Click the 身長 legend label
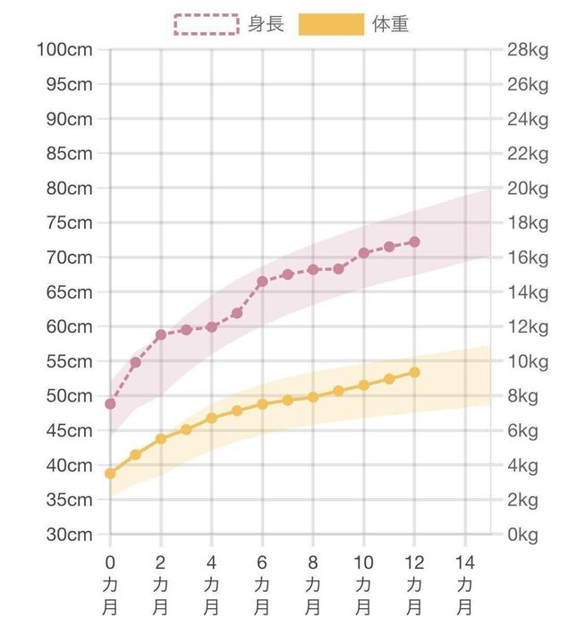click(267, 24)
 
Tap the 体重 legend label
click(390, 24)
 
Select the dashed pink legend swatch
click(207, 24)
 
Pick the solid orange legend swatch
click(331, 24)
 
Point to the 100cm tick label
click(64, 49)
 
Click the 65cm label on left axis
click(69, 292)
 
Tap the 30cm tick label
click(69, 535)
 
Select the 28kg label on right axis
click(525, 49)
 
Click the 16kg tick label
click(525, 258)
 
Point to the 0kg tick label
click(522, 535)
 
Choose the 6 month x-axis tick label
click(262, 576)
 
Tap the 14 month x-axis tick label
click(465, 576)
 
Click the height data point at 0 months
click(110, 404)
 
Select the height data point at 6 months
click(262, 282)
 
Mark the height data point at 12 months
click(414, 241)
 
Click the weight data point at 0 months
click(110, 473)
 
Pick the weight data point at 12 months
click(414, 372)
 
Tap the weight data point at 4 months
click(212, 418)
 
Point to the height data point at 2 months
click(161, 335)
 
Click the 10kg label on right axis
click(525, 361)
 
